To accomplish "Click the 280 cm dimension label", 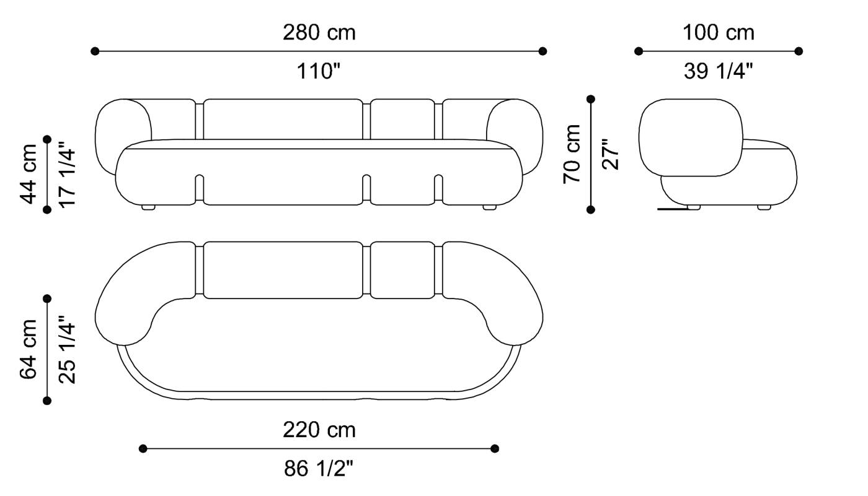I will (319, 32).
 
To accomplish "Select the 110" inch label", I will (319, 72).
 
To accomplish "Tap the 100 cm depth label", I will (719, 32).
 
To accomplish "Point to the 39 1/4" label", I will (719, 72).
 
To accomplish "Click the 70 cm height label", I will (572, 154).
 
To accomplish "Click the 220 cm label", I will (319, 429).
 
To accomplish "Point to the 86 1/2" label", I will (319, 469).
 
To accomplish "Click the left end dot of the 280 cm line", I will (95, 51).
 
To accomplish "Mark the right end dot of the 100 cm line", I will (799, 51).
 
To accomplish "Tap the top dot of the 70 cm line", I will (591, 99).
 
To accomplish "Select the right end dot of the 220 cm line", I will (495, 448).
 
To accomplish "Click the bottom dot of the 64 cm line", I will (47, 401).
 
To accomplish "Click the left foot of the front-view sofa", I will (149, 207).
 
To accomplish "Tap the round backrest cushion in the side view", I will (691, 136).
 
